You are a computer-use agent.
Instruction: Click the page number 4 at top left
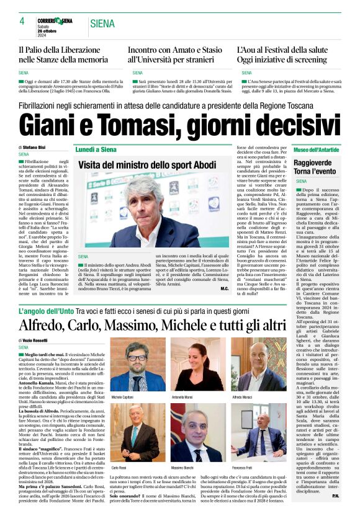[x=22, y=21]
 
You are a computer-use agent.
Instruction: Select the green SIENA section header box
[x=102, y=24]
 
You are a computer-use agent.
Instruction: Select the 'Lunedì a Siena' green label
[x=96, y=150]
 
